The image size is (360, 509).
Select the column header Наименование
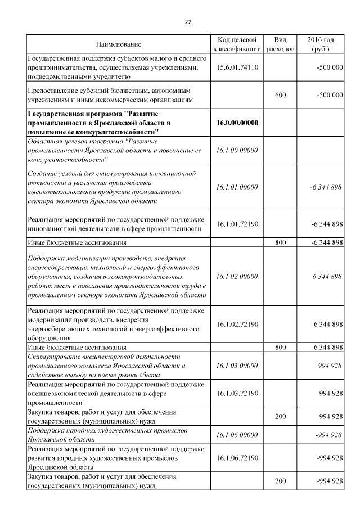(x=118, y=44)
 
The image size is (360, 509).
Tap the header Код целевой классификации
(x=237, y=44)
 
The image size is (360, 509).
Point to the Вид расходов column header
(x=280, y=44)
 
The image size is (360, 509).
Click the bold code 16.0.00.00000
(x=237, y=123)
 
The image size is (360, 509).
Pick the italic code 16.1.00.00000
(x=237, y=150)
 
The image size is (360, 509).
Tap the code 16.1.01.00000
(x=237, y=187)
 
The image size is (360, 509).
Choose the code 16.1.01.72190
(x=237, y=224)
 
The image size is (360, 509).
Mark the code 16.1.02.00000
(x=237, y=276)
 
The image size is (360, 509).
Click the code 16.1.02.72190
(x=237, y=324)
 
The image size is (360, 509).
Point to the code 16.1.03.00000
(x=237, y=366)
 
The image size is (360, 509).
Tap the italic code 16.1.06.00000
(x=237, y=434)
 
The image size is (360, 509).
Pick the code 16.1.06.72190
(x=237, y=457)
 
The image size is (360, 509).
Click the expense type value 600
(x=280, y=95)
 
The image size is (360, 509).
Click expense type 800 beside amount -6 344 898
(x=280, y=242)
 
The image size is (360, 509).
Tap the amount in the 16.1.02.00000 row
(x=328, y=276)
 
